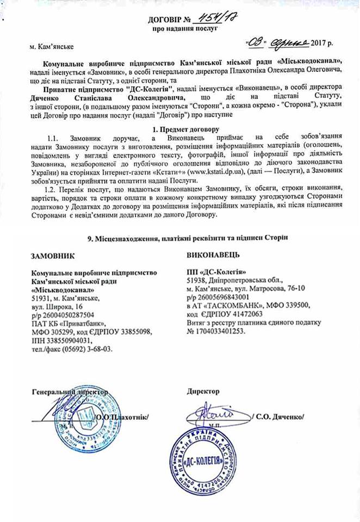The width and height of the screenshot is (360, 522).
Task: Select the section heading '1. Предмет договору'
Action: tap(185, 129)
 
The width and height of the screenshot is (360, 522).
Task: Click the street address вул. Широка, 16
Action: tap(57, 306)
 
